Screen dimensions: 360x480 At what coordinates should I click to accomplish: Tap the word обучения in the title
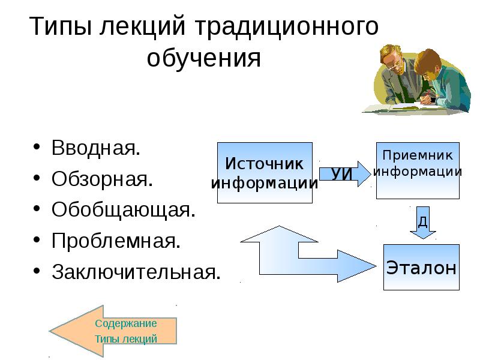[x=204, y=58]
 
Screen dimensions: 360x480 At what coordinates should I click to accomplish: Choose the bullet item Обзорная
[x=101, y=179]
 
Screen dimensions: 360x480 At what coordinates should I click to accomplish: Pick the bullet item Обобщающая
[x=123, y=210]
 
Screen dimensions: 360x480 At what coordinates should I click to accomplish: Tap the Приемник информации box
[x=417, y=170]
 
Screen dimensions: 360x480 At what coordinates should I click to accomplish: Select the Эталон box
[x=421, y=268]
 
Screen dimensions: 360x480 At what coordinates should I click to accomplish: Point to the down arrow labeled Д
[x=423, y=223]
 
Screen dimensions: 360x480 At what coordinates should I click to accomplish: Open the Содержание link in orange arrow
[x=125, y=323]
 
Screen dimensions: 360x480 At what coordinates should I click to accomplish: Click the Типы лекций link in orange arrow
[x=125, y=339]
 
